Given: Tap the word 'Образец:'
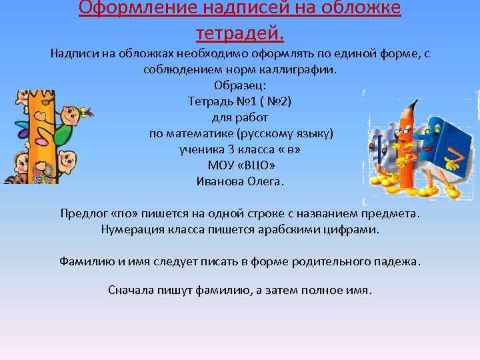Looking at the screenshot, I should [240, 85].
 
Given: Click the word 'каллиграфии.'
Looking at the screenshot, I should [303, 69].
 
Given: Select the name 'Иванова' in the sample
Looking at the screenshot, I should [221, 181].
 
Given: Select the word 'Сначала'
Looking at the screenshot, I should [130, 290].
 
